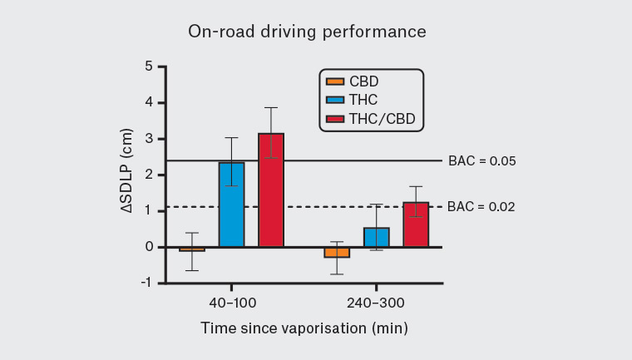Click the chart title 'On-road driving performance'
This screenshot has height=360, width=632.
coord(307,32)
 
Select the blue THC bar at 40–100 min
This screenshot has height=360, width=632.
coord(231,205)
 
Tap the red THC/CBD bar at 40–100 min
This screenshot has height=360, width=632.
coord(271,190)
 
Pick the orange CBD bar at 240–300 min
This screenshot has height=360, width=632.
coord(336,252)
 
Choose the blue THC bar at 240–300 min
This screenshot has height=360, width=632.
coord(376,237)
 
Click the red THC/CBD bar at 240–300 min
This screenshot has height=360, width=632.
coord(416,224)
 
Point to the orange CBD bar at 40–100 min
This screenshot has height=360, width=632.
coord(191,249)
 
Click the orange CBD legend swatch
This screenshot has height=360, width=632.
coord(333,81)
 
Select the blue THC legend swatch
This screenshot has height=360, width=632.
coord(333,101)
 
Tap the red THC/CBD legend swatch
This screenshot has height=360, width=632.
coord(333,121)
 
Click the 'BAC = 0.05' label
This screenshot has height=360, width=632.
coord(482,161)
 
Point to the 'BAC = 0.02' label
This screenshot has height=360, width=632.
coord(482,207)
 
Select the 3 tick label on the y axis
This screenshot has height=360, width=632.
coord(148,139)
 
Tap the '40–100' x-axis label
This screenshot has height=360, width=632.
coord(231,303)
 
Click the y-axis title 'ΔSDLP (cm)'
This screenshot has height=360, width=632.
coord(125,175)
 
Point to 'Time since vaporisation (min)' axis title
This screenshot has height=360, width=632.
coord(304,328)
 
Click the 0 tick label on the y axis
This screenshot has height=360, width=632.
coord(148,247)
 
